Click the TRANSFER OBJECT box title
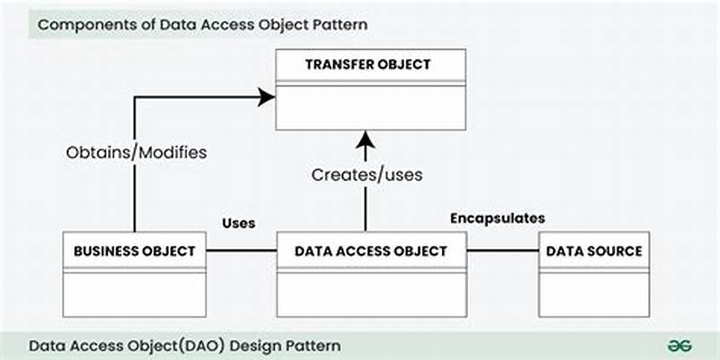click(370, 65)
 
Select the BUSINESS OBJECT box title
click(135, 251)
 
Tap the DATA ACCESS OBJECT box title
click(370, 251)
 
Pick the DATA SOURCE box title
click(594, 251)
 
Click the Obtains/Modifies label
click(136, 152)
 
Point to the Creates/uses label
click(367, 175)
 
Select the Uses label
click(238, 222)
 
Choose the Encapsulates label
click(498, 219)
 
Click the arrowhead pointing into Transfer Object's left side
click(265, 97)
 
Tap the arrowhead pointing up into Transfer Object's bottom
click(365, 139)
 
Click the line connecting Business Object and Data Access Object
click(241, 250)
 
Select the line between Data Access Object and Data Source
click(502, 250)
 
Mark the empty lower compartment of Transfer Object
click(370, 108)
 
